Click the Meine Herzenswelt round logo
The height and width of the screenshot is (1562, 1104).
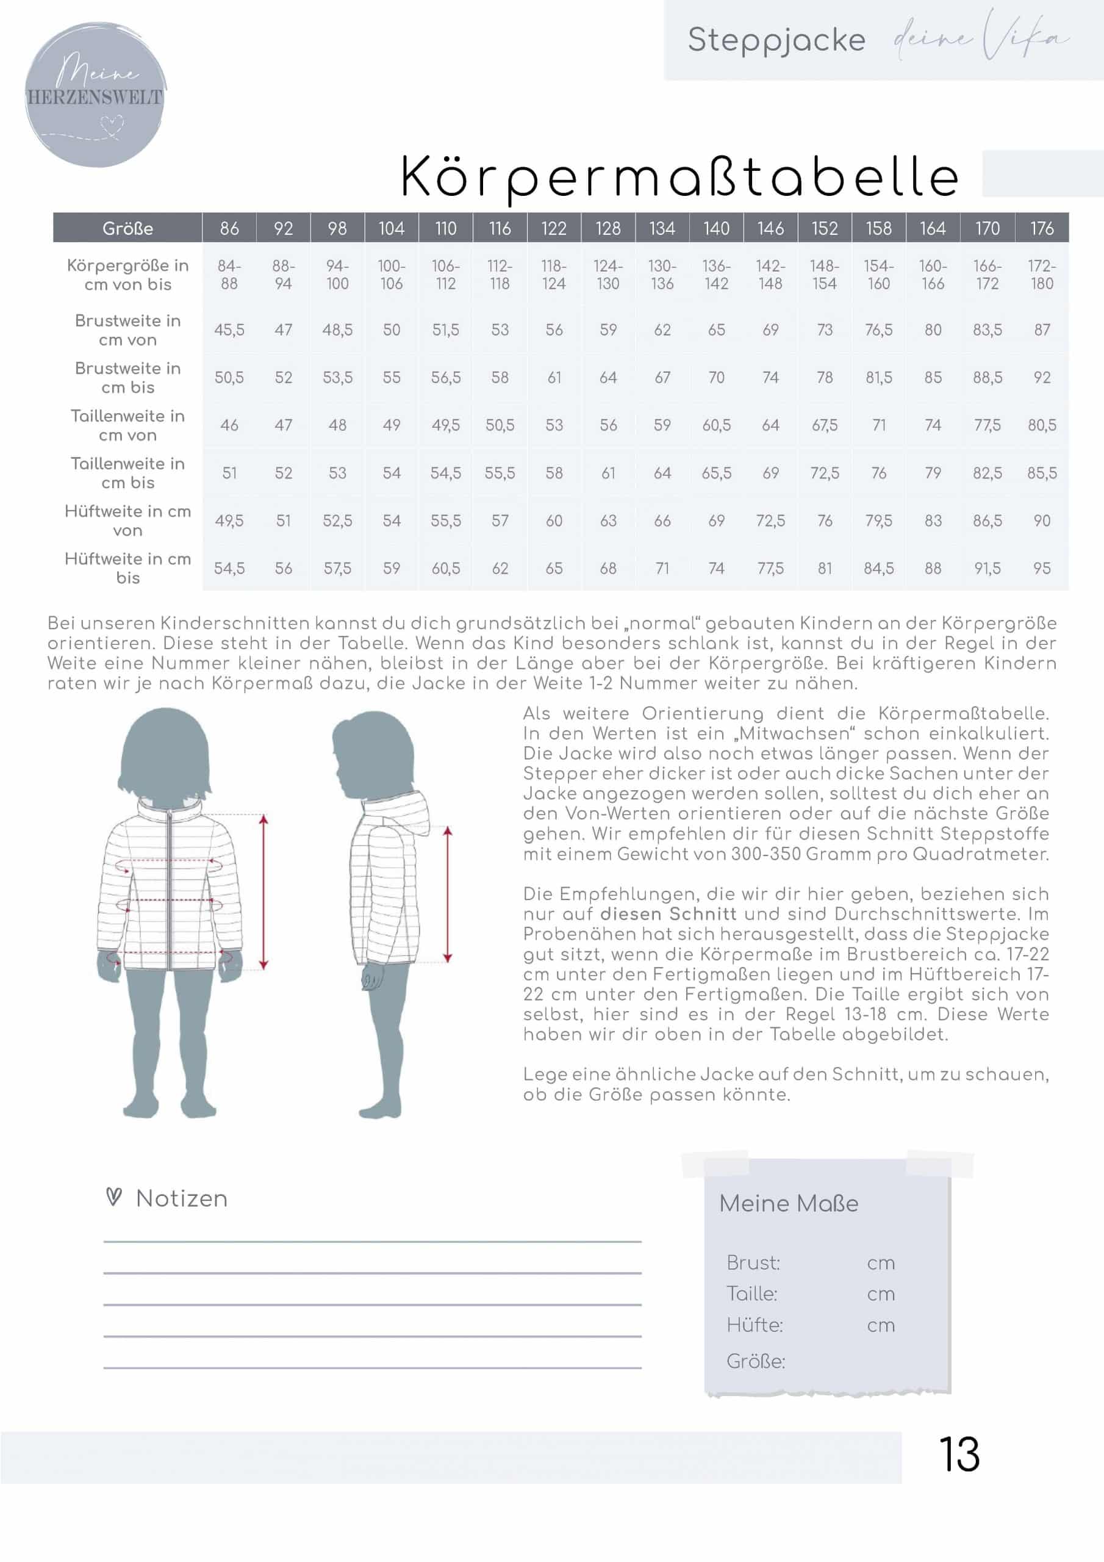(95, 95)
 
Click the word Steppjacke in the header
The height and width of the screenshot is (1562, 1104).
(776, 40)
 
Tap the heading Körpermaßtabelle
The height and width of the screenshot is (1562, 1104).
(679, 177)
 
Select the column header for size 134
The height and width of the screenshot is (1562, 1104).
(662, 229)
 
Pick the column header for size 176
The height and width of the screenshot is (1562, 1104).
(1041, 229)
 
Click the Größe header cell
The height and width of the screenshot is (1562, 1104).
(128, 229)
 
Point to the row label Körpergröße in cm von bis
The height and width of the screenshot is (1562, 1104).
(128, 275)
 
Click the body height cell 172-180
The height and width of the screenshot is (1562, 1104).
(1041, 275)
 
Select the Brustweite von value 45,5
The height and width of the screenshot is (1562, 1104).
(229, 330)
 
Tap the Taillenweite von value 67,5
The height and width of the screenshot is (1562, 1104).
(825, 425)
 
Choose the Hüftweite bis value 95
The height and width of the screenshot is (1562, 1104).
(1041, 568)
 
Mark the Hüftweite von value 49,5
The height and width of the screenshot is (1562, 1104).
(229, 520)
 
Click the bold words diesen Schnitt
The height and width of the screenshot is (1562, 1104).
(668, 913)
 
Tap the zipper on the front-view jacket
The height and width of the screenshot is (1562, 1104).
(169, 884)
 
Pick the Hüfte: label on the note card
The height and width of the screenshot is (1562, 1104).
(755, 1325)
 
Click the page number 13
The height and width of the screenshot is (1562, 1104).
(959, 1454)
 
